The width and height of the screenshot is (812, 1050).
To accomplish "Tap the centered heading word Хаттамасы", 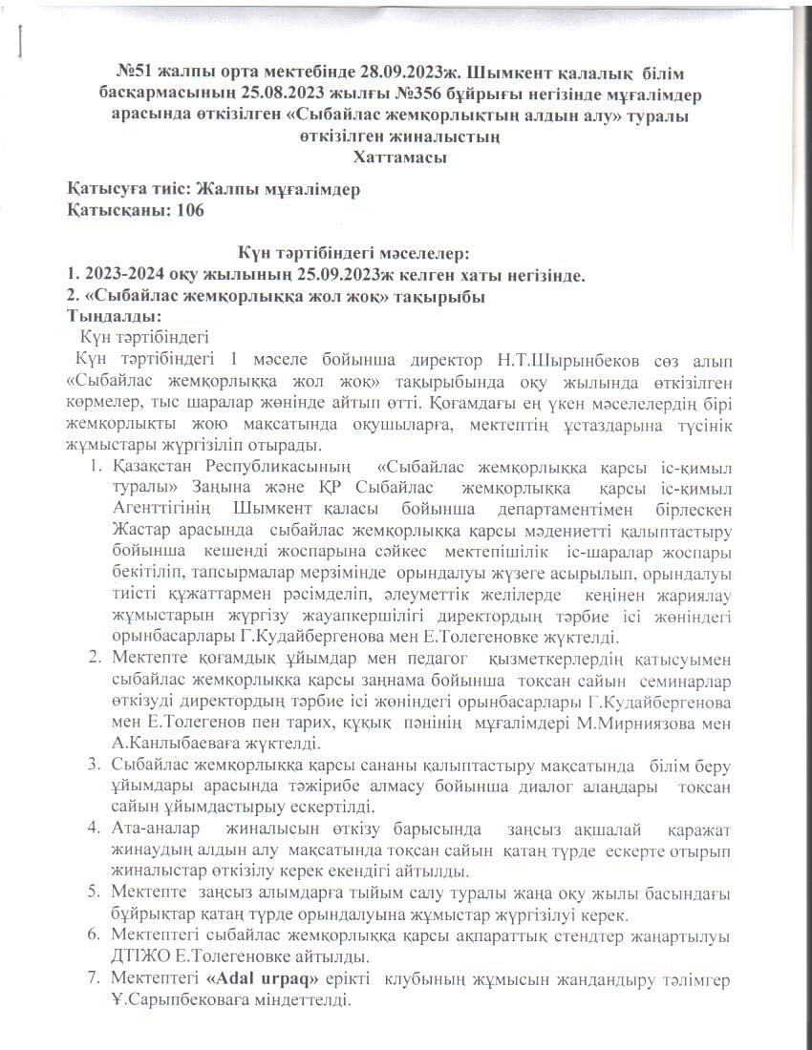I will (x=400, y=157).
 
